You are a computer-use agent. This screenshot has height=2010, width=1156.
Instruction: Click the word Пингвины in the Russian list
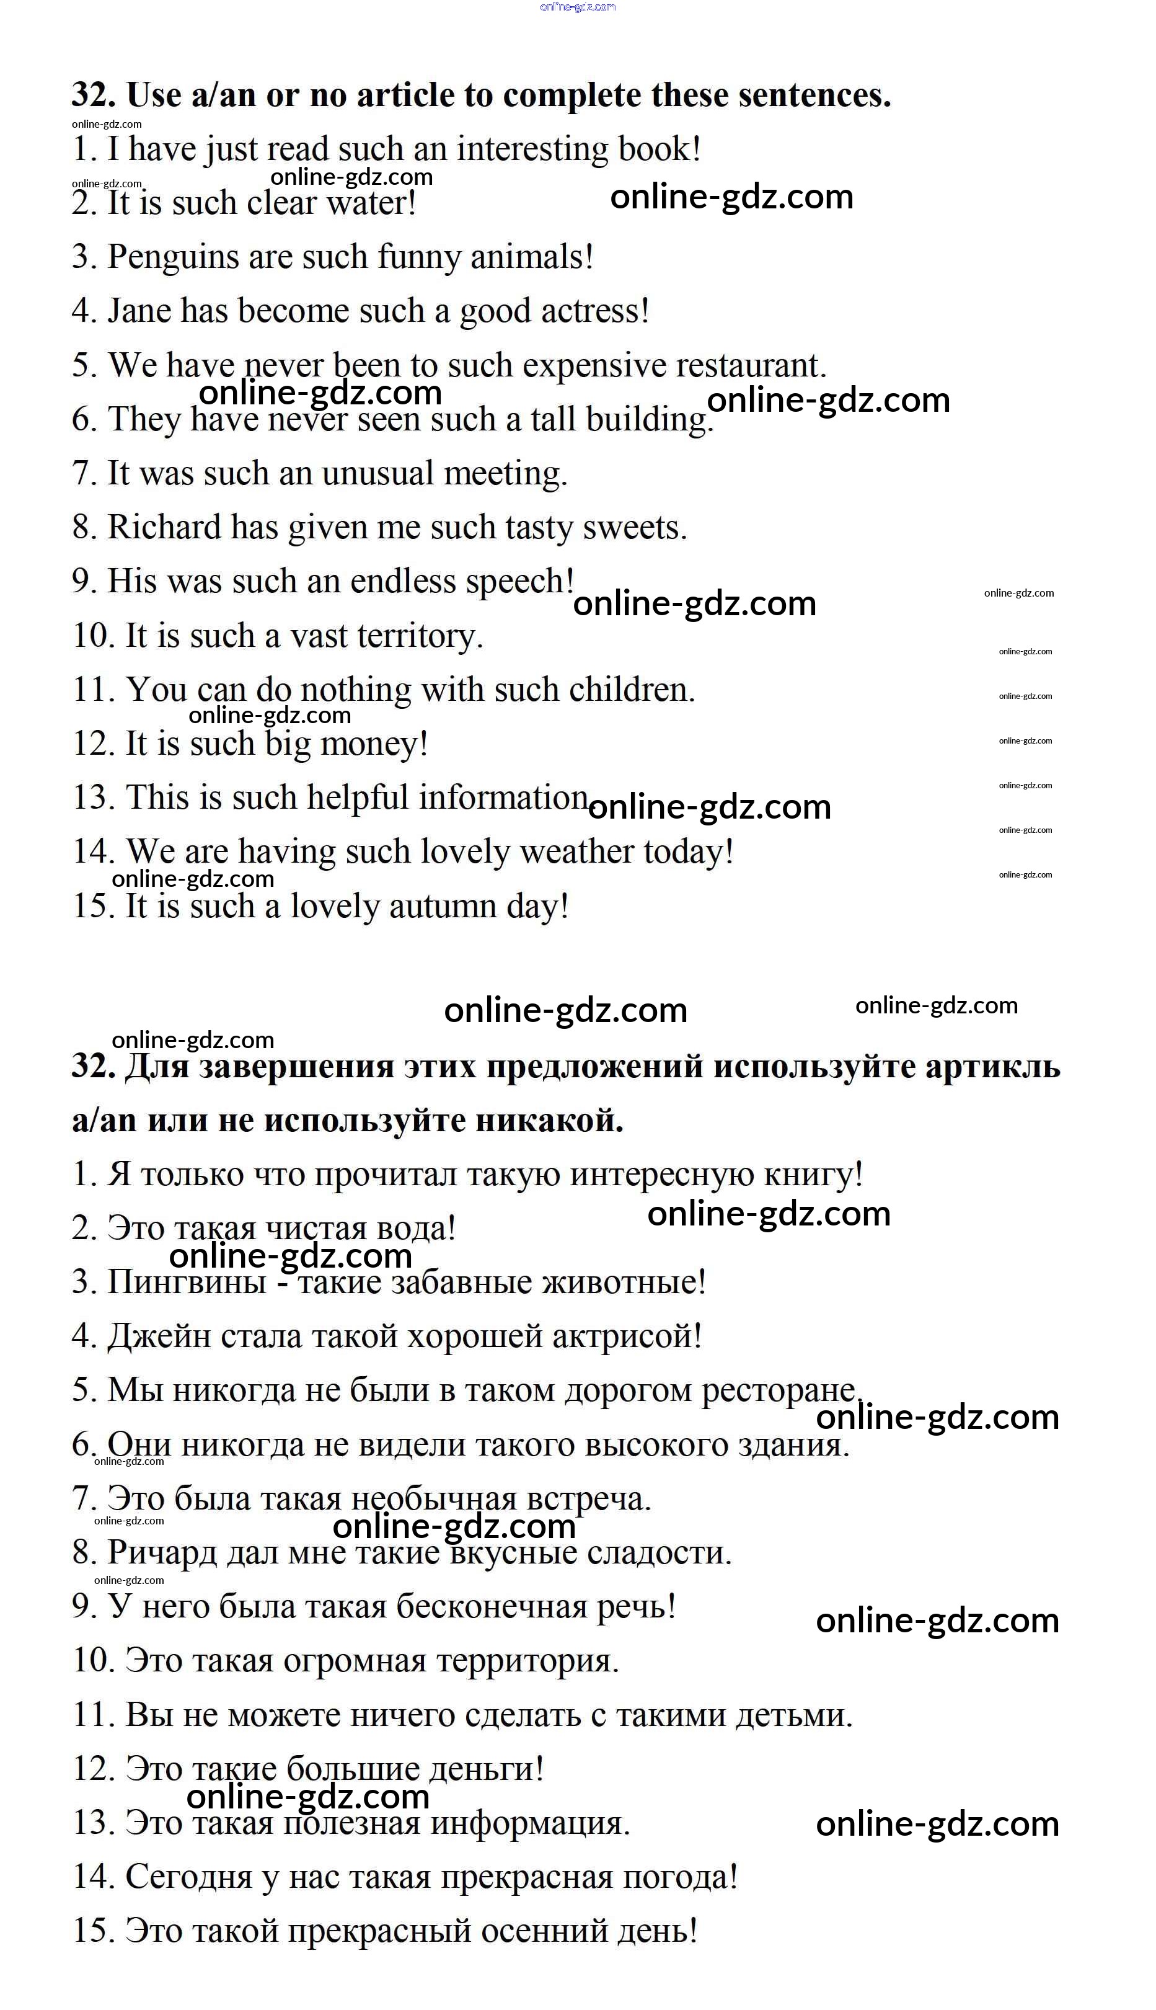tap(186, 1282)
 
